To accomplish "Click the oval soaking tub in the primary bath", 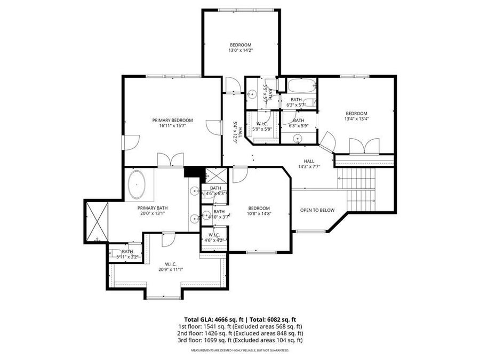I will [138, 185].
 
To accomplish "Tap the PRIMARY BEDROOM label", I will [172, 121].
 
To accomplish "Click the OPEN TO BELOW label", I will [317, 210].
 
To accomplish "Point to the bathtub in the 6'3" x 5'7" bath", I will [301, 85].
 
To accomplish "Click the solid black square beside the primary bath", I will [190, 171].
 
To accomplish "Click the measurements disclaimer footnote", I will [240, 350].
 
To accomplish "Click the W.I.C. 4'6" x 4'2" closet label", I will [214, 237].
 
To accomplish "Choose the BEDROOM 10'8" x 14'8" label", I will [259, 211].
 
